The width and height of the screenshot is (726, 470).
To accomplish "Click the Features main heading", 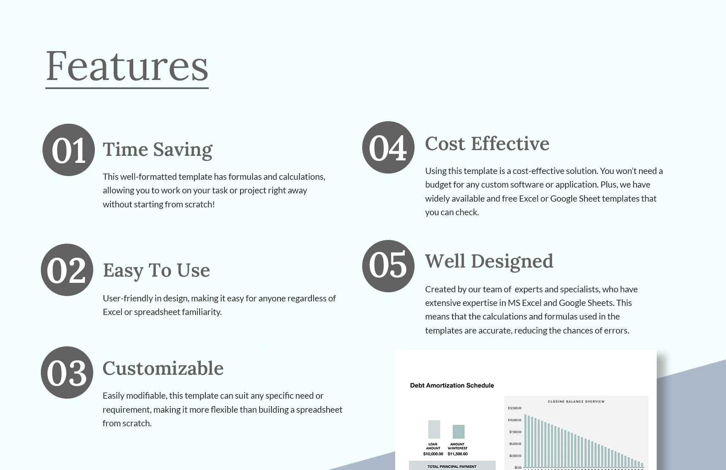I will click(x=127, y=66).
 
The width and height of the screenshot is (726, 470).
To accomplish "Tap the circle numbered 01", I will click(x=68, y=150).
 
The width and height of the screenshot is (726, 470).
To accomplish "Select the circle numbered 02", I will click(x=67, y=270).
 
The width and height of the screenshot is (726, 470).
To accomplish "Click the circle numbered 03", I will click(x=67, y=372).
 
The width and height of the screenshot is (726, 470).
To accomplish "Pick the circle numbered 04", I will click(x=388, y=147).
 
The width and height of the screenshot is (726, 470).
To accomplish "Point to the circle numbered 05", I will click(x=388, y=266).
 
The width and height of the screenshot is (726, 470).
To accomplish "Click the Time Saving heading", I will click(x=157, y=149).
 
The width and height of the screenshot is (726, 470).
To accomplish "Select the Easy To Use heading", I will click(x=156, y=270).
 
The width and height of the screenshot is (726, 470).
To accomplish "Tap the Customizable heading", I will click(x=163, y=368).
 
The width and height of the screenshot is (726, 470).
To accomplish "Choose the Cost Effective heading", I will click(x=487, y=144).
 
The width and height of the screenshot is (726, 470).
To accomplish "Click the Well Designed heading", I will click(x=489, y=261).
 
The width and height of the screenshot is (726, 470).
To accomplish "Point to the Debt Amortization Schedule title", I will click(x=452, y=385).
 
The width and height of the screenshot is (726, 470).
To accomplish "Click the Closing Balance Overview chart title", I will click(x=576, y=401).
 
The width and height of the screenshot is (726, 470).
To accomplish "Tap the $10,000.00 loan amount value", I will click(x=433, y=454).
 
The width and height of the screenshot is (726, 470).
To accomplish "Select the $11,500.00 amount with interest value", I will click(x=457, y=454).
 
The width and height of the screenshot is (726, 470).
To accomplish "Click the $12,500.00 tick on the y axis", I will click(x=514, y=408).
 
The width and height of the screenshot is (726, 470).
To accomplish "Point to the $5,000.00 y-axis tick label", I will click(x=515, y=444).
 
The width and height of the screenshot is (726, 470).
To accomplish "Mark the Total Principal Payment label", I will click(x=452, y=466).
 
